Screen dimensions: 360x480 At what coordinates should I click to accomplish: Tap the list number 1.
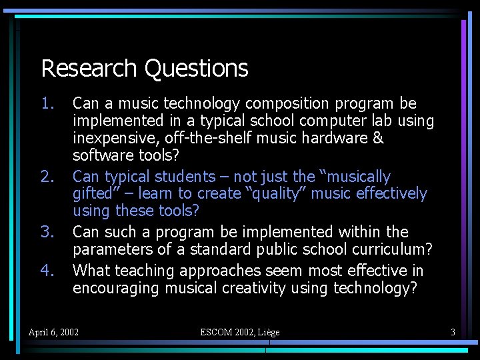pos(47,103)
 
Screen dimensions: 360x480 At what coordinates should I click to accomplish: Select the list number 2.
pos(47,177)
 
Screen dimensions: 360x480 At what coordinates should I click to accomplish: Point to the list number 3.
pos(47,232)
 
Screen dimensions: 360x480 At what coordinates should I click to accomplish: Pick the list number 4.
pos(47,271)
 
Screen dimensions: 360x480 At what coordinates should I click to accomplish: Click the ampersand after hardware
pos(378,138)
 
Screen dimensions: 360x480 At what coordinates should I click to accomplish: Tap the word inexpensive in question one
pos(114,138)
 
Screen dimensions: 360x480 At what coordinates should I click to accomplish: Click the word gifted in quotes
pos(95,194)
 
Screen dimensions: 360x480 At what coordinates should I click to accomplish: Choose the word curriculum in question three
pos(391,249)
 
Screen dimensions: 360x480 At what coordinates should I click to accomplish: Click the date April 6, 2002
pos(53,332)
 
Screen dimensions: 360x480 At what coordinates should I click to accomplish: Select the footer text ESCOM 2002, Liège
pos(240,332)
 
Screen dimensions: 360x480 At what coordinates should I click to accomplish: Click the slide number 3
pos(453,332)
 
